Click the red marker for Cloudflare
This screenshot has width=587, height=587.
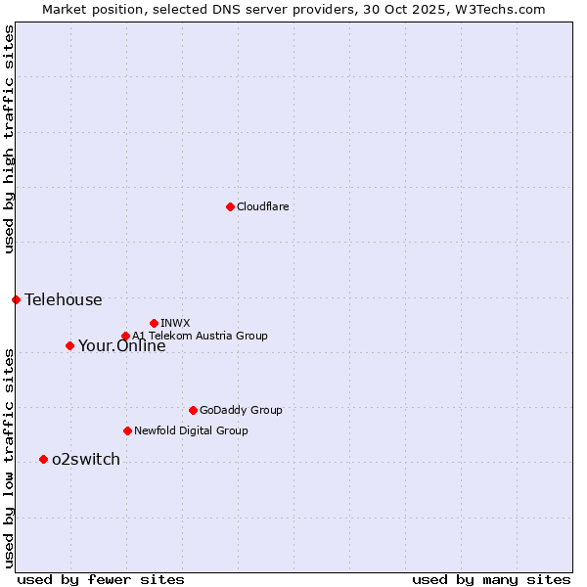point(230,206)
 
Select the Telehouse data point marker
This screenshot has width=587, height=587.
point(16,299)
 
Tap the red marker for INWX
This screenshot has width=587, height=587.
point(154,323)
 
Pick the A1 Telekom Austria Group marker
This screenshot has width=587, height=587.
point(125,337)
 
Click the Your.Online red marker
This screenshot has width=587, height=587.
point(69,345)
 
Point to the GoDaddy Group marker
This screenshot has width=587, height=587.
point(193,410)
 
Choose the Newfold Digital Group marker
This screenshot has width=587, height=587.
point(127,430)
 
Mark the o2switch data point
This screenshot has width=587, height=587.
point(43,459)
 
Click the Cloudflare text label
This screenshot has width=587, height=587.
point(262,206)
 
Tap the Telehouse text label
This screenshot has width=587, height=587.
point(63,299)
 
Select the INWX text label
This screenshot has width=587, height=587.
point(175,323)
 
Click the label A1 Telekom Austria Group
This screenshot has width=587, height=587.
point(200,336)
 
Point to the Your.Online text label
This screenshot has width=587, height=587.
point(121,345)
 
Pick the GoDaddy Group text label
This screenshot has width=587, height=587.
point(240,410)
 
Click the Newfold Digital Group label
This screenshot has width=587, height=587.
point(191,430)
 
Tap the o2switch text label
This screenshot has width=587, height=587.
point(85,459)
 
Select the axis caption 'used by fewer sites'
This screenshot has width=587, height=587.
point(101,579)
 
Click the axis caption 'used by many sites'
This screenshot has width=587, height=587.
point(491,579)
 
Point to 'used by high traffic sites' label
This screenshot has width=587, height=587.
point(9,139)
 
